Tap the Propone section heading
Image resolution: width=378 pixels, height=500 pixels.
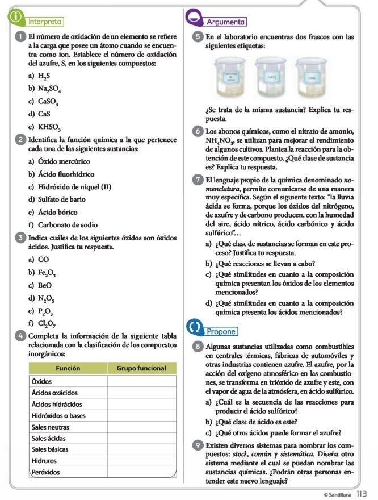coord(223,331)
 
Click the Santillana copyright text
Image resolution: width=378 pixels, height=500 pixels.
coord(335,493)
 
